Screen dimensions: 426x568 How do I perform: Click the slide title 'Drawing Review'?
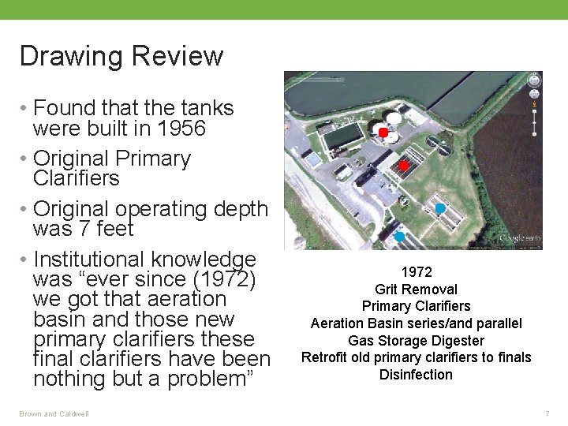(x=121, y=57)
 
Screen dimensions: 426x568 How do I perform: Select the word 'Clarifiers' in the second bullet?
(x=77, y=178)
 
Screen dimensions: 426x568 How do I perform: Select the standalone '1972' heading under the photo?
(x=416, y=272)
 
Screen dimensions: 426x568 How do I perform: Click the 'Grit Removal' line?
(x=416, y=290)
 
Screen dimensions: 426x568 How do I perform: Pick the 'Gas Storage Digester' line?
(x=416, y=341)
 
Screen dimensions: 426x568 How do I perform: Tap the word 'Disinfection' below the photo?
(x=416, y=375)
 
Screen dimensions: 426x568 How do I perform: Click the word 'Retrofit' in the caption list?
(x=327, y=357)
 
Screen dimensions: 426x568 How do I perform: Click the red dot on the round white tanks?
(x=383, y=133)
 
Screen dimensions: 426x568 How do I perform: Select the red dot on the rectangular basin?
(x=403, y=166)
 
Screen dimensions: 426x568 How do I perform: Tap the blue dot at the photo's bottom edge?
(x=399, y=237)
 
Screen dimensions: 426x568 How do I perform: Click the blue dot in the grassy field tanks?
(x=440, y=208)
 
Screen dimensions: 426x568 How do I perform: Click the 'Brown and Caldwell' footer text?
(x=54, y=414)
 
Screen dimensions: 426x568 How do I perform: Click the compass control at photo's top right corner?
(x=534, y=80)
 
